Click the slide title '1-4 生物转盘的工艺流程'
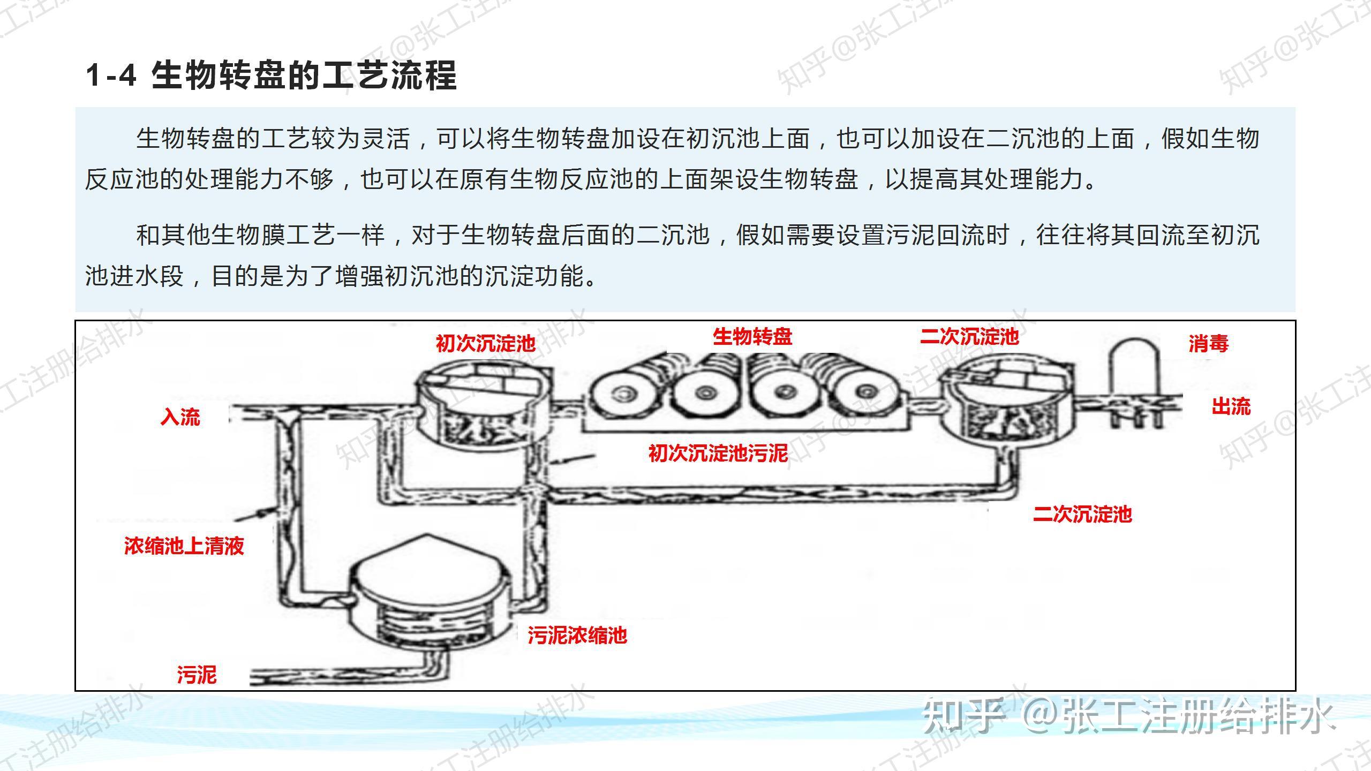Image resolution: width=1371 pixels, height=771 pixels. (x=271, y=75)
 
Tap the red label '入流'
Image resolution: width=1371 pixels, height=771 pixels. (x=180, y=417)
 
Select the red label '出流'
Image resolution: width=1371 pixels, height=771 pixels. (x=1231, y=406)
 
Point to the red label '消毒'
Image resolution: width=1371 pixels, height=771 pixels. (x=1208, y=343)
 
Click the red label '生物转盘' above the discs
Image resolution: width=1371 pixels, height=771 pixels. (x=752, y=337)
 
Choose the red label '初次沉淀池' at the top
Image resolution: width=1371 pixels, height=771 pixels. (x=485, y=343)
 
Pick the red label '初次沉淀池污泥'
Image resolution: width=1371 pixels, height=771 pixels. (x=718, y=453)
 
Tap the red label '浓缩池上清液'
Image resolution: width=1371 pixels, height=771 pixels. (x=184, y=546)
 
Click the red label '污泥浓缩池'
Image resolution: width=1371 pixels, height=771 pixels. (x=577, y=636)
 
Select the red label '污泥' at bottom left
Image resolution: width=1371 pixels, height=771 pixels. (x=197, y=675)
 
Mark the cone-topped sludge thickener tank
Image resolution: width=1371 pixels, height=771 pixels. (x=428, y=594)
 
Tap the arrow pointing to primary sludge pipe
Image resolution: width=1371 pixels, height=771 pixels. (x=573, y=459)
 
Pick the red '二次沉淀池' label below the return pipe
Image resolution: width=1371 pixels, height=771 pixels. (x=1082, y=514)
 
